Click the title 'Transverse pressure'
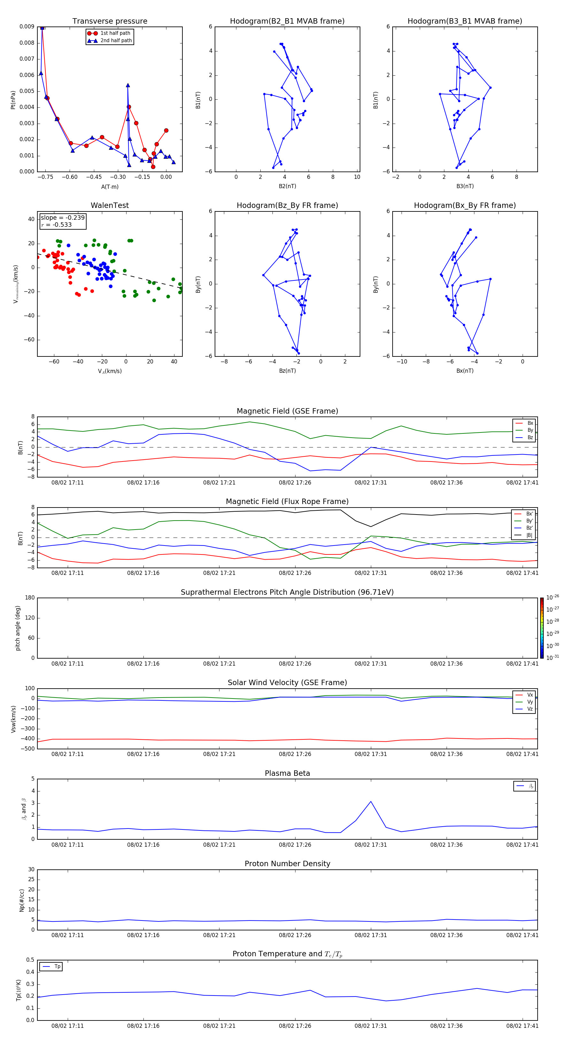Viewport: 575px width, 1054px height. pos(110,21)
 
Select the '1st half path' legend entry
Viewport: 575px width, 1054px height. pos(115,33)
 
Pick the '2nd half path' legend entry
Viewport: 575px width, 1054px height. pos(116,41)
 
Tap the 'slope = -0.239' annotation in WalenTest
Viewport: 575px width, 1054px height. pos(63,218)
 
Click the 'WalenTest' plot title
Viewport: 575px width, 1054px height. pos(110,205)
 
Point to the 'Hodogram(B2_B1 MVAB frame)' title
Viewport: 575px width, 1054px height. pos(287,21)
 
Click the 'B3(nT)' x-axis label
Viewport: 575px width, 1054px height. pos(465,186)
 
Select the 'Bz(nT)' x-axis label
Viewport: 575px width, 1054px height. pos(287,371)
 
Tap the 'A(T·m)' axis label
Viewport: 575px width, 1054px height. pos(110,187)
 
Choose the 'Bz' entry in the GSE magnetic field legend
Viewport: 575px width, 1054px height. pos(530,437)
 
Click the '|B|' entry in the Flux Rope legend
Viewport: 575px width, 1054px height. pos(529,535)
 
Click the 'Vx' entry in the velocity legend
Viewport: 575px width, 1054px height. pos(530,695)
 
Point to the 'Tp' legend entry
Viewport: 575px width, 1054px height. pos(57,966)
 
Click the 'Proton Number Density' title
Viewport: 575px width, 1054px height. pos(287,864)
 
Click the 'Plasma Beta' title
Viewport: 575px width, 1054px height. pos(287,773)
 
